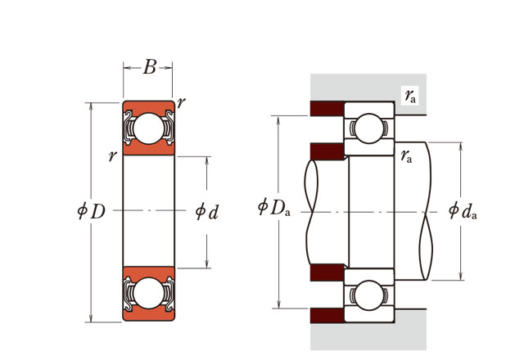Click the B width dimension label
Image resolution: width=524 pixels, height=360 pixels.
click(149, 68)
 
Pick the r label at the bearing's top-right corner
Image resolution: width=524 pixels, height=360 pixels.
click(180, 102)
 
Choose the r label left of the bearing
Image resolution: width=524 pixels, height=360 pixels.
click(111, 155)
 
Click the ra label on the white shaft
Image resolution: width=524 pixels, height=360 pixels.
click(406, 155)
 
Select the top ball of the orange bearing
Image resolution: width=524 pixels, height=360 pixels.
click(148, 128)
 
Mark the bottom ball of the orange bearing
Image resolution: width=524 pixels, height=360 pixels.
click(148, 293)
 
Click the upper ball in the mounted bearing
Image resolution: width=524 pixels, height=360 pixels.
click(368, 128)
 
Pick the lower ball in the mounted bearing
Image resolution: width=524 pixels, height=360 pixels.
click(368, 294)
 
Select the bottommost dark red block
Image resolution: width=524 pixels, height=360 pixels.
click(327, 314)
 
